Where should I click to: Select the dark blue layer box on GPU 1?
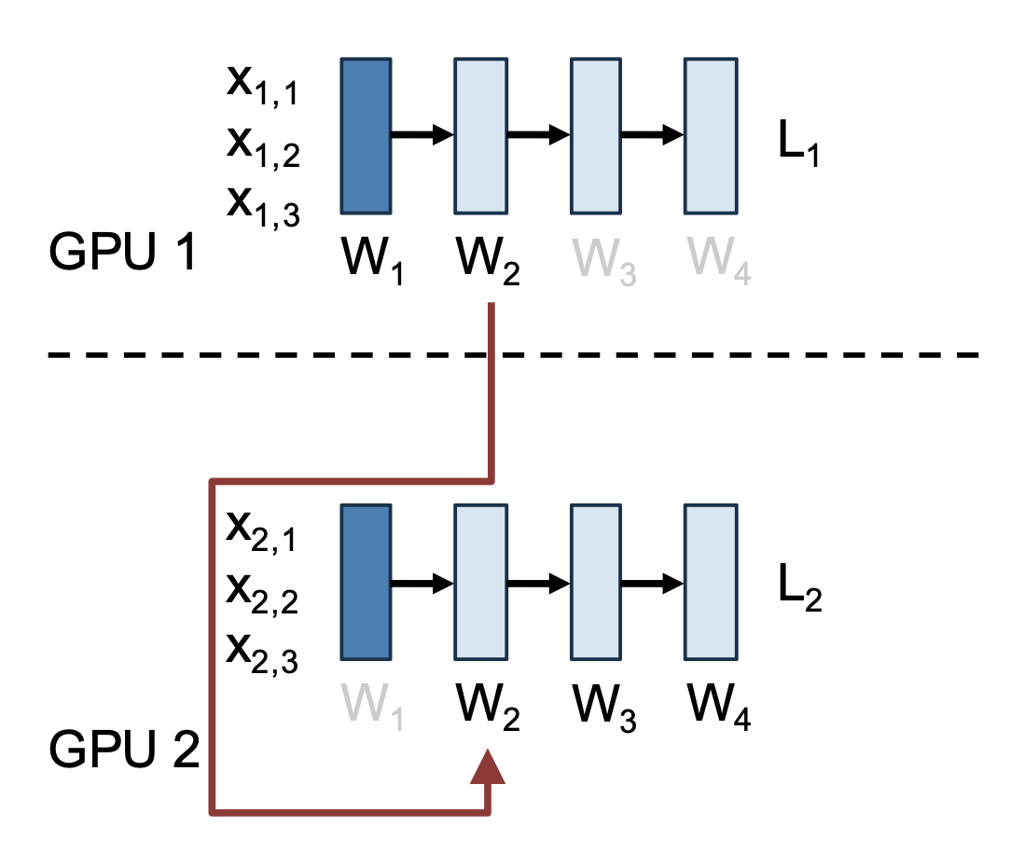(x=366, y=135)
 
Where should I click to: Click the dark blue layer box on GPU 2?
(x=366, y=584)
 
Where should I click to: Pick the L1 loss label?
(x=799, y=148)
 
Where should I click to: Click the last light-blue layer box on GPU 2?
(x=711, y=584)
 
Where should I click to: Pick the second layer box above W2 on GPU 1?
(x=481, y=135)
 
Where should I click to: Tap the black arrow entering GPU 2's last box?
(x=652, y=584)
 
